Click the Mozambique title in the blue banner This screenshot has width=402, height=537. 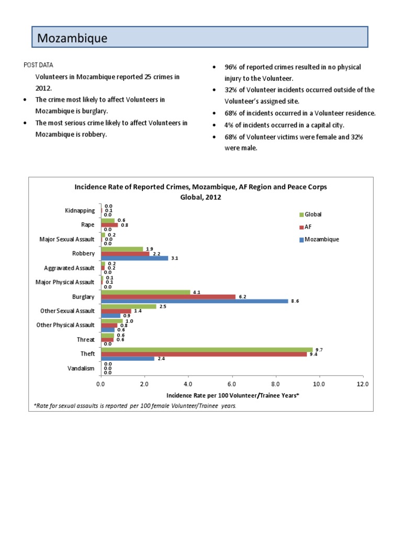72,38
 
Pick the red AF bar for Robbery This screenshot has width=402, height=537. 125,254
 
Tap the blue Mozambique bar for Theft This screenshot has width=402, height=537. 127,359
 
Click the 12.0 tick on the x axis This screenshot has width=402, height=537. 362,384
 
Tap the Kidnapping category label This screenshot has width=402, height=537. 80,211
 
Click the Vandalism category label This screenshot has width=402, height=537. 81,368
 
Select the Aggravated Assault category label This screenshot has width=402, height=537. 70,268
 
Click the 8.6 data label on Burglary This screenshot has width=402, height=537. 294,302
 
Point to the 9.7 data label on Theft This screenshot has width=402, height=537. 318,349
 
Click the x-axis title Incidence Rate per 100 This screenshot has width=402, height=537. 232,395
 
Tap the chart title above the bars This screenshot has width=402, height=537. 200,191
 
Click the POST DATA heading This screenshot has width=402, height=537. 38,65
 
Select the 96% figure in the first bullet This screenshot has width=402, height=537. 231,68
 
